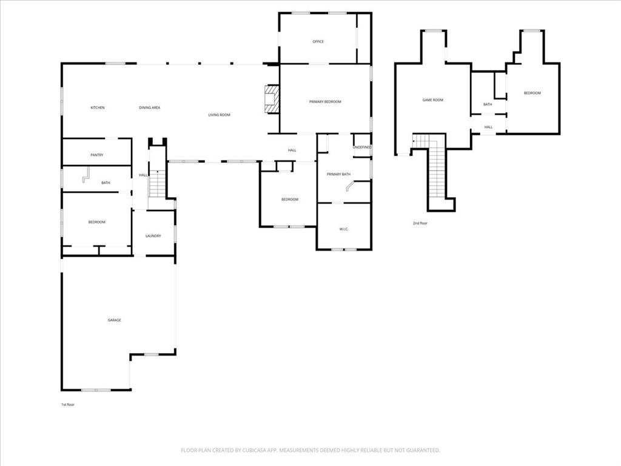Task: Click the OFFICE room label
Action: click(318, 42)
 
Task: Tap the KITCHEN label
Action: click(98, 107)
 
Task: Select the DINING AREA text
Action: click(149, 107)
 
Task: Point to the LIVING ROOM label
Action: click(219, 115)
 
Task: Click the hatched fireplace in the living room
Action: click(272, 100)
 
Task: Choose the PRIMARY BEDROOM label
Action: click(325, 102)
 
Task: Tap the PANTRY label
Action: click(97, 155)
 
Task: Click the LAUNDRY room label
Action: click(153, 235)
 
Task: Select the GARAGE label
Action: click(115, 320)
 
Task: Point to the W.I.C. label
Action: click(344, 229)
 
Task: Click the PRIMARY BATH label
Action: click(338, 175)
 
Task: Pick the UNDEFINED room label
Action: click(362, 147)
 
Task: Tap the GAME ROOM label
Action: click(433, 100)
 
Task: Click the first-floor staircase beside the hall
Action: click(157, 184)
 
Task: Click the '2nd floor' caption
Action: click(420, 223)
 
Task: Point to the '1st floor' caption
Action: click(67, 404)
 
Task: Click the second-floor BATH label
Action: click(488, 104)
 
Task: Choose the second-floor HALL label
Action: click(488, 127)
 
